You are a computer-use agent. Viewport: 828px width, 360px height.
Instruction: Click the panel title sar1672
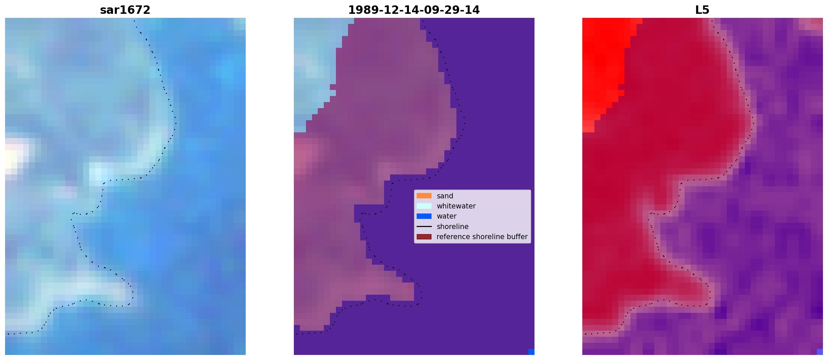(x=125, y=10)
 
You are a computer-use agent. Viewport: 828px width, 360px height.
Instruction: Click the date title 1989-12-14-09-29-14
(x=414, y=10)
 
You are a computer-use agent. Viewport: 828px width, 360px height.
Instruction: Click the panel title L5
(x=702, y=10)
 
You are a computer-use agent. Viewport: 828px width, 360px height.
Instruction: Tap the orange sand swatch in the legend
(x=424, y=196)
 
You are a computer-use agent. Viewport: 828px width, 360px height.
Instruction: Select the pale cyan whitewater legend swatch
(x=424, y=206)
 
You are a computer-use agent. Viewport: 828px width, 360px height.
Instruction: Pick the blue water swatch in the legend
(x=424, y=216)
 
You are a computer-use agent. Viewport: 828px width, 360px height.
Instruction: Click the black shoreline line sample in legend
(x=424, y=226)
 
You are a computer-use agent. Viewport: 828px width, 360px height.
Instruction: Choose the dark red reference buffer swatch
(x=424, y=237)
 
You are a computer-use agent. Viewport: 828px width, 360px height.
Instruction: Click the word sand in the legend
(x=445, y=196)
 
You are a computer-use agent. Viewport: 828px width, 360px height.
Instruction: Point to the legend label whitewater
(x=456, y=206)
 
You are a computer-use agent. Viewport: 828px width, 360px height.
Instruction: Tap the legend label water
(x=447, y=216)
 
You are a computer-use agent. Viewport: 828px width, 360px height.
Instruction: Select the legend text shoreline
(x=453, y=227)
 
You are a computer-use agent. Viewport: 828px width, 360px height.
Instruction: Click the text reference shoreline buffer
(x=482, y=237)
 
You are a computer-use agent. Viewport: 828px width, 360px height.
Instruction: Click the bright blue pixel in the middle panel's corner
(x=531, y=352)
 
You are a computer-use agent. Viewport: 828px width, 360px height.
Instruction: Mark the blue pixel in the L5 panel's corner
(x=820, y=352)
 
